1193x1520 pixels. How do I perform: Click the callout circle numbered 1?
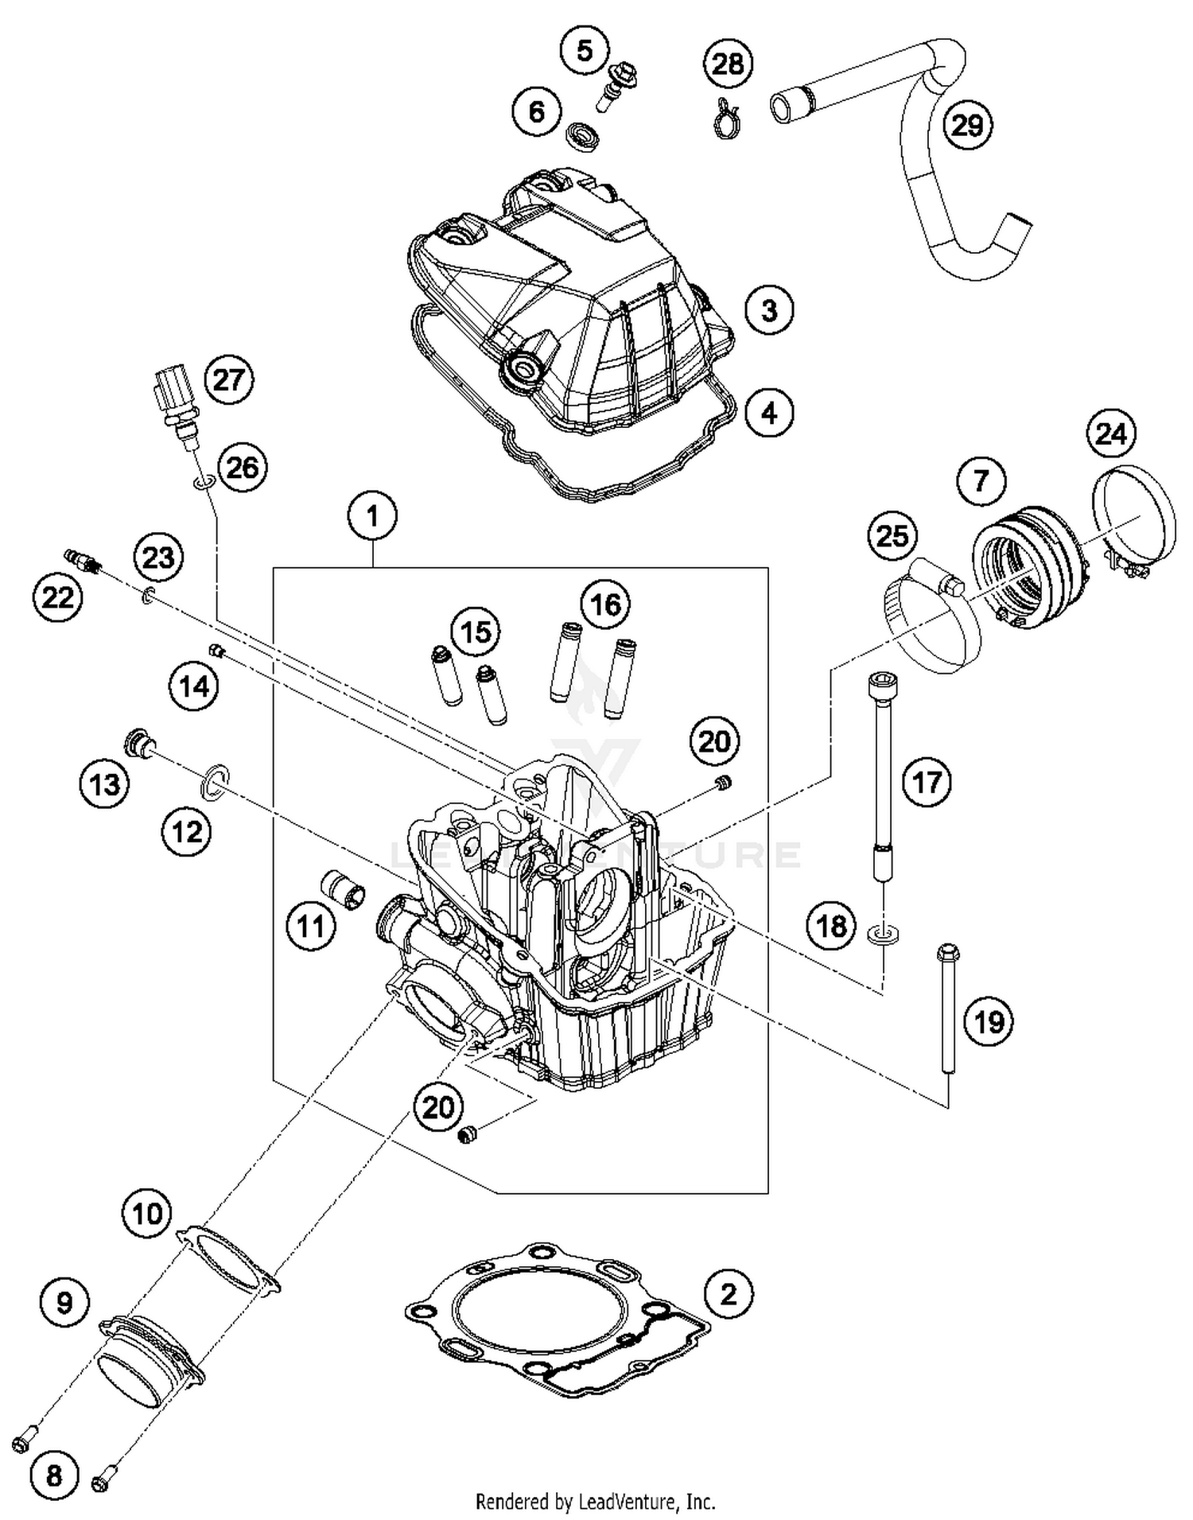click(372, 516)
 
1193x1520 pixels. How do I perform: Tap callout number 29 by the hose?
click(967, 125)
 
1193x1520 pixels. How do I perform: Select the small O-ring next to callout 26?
click(203, 483)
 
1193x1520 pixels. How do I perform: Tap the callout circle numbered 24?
click(1111, 434)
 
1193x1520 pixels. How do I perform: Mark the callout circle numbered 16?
click(605, 605)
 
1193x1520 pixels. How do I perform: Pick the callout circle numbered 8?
click(53, 1475)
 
